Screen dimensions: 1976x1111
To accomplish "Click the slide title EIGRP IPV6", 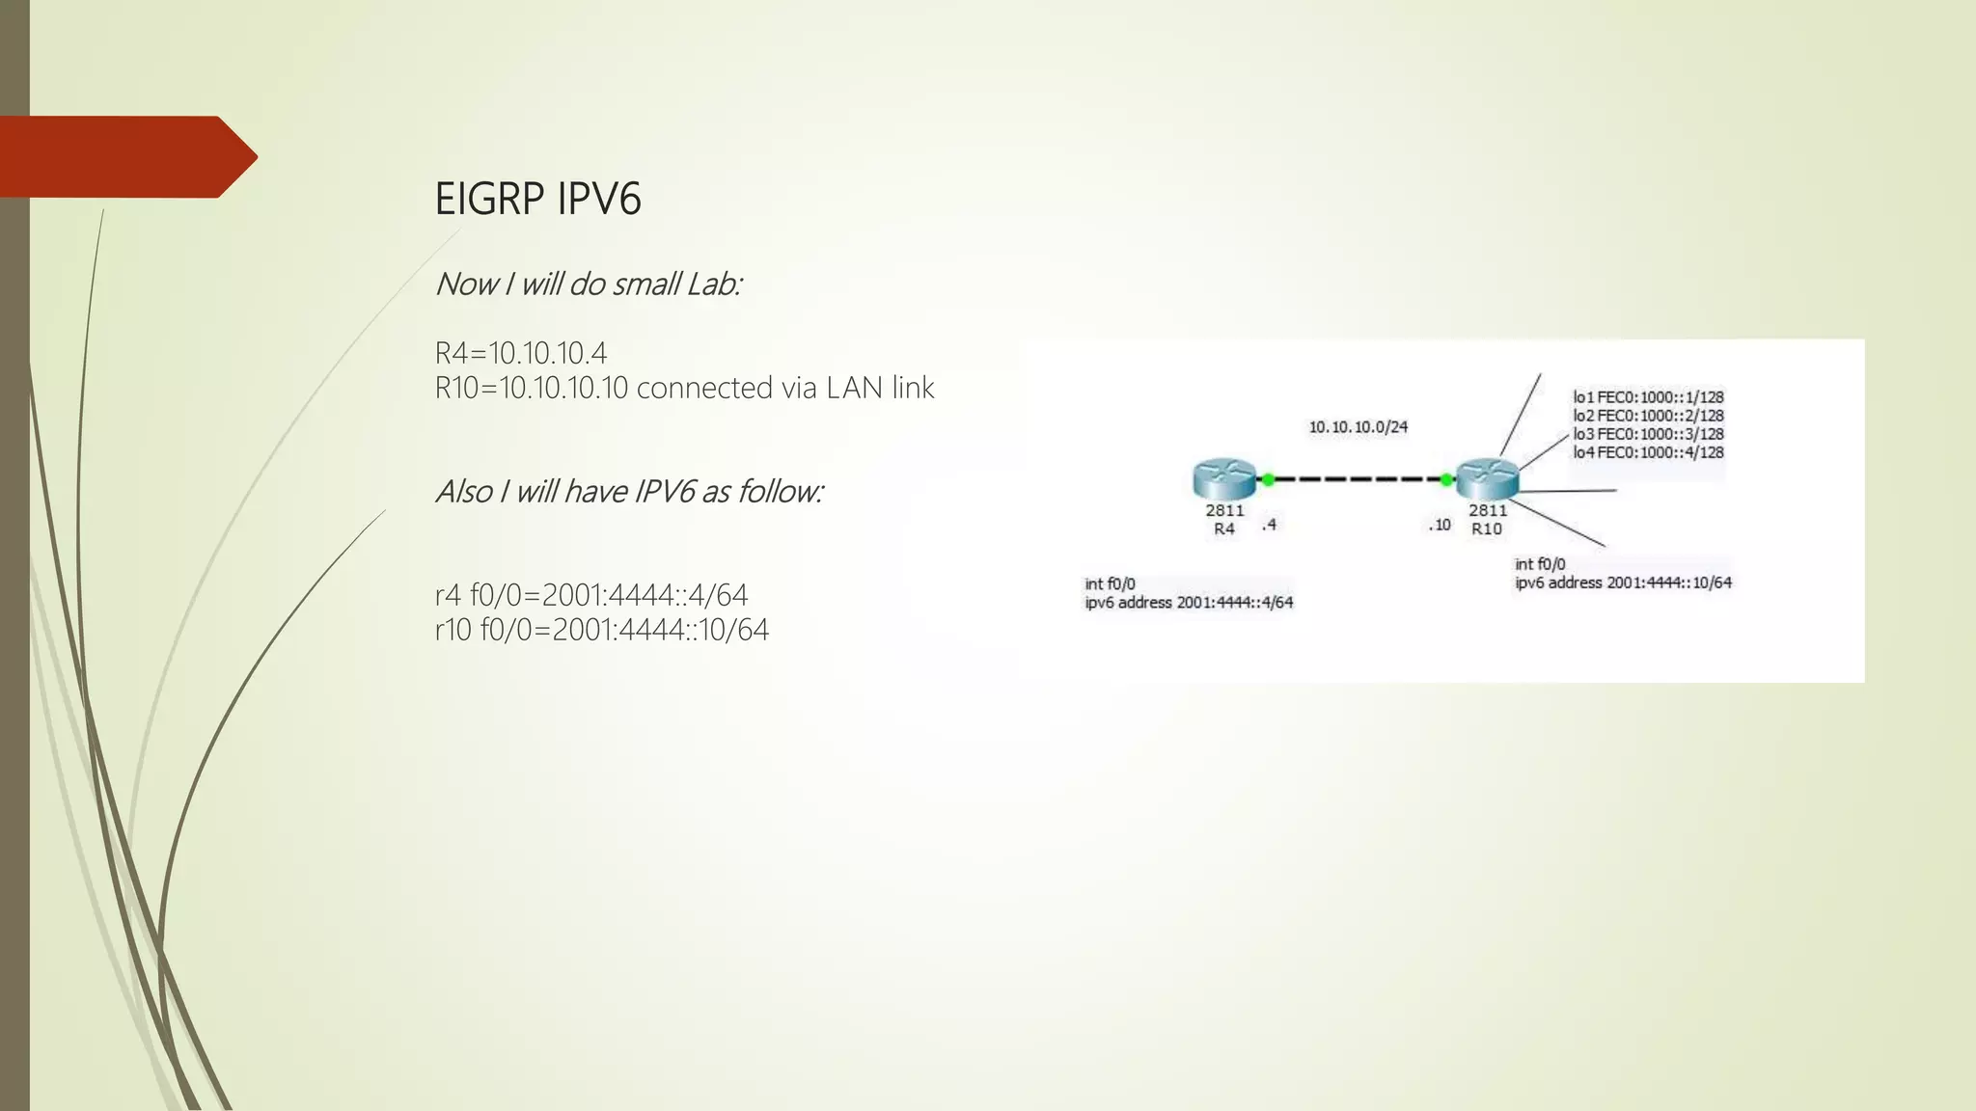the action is coord(537,199).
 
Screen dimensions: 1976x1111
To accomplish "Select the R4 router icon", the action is coord(1223,479).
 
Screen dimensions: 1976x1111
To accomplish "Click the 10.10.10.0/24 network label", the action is coord(1358,427).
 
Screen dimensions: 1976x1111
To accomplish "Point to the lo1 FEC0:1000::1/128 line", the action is coord(1648,397).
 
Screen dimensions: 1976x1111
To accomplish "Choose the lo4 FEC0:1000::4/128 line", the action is coord(1648,452).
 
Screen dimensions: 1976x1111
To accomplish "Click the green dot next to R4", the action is coord(1268,479).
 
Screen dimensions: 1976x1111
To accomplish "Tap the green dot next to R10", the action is coord(1446,479).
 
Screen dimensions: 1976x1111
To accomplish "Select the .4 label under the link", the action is coord(1269,525).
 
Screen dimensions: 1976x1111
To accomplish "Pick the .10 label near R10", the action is coord(1440,525).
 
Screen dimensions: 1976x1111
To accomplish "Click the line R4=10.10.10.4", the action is coord(521,353).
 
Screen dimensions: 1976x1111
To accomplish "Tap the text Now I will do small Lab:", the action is coord(588,285).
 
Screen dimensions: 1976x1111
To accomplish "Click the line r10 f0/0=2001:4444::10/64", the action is coord(602,630).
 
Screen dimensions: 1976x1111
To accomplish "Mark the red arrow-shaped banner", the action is coord(125,157).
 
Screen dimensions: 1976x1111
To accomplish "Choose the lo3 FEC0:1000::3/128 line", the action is coord(1648,434).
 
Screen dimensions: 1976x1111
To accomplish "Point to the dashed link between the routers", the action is coord(1357,479).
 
